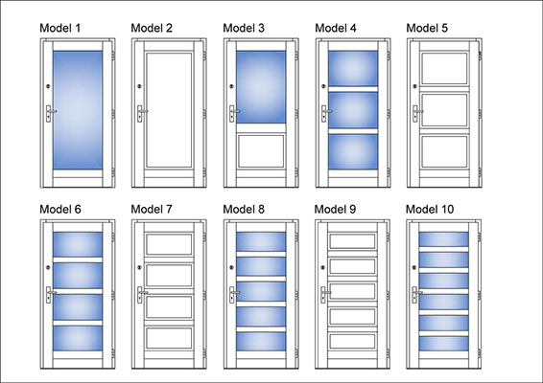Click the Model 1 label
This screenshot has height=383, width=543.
(59, 28)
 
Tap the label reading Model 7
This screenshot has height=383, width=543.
(152, 209)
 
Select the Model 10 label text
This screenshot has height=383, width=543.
(430, 209)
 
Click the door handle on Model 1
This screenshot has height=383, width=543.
(50, 113)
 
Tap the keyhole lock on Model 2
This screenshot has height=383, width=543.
(139, 86)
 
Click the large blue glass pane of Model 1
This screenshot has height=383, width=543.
(78, 110)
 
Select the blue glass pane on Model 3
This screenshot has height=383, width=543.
(261, 87)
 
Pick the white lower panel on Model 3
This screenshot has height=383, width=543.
(261, 151)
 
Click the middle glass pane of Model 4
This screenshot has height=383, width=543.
(353, 110)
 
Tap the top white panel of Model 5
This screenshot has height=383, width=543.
(444, 68)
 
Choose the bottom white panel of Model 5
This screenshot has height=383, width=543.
(444, 151)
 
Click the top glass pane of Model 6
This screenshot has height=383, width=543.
(78, 244)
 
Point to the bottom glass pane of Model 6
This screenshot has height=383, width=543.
(78, 338)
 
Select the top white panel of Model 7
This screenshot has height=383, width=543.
(169, 245)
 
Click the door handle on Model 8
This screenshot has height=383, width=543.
(233, 295)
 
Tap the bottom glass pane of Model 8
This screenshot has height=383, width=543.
(261, 342)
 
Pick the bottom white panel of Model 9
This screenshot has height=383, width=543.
(352, 341)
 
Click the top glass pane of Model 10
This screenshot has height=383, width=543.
(443, 239)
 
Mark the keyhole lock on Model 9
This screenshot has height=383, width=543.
(322, 267)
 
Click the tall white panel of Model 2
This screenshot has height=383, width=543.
(169, 110)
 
